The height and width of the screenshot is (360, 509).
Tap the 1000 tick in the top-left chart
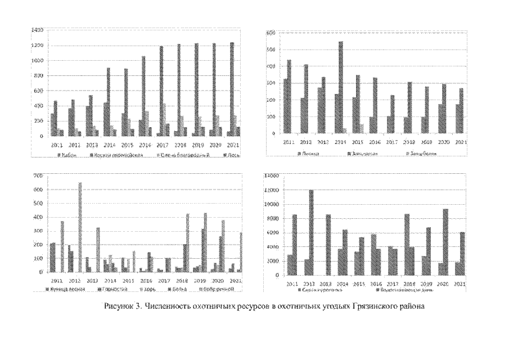coord(38,61)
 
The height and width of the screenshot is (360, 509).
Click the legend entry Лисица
coord(310,152)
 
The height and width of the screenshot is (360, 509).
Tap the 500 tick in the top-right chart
coord(271,50)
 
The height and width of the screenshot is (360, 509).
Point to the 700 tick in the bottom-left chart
coord(38,176)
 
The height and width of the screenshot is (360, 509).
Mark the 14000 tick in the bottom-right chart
coord(272,176)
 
